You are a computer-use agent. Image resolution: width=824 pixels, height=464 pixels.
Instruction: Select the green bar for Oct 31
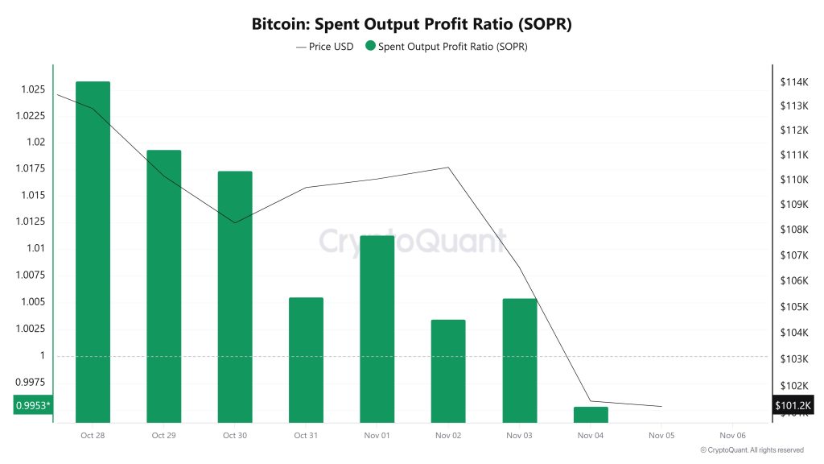click(x=306, y=359)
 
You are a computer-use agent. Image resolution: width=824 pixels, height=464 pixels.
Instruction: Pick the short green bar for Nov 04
click(x=591, y=414)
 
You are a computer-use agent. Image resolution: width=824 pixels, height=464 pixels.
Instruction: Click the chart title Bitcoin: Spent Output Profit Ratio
click(x=411, y=24)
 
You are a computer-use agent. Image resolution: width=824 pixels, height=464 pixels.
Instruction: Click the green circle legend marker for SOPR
click(x=370, y=47)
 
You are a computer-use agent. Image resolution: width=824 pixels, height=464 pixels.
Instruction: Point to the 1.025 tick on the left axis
click(x=31, y=89)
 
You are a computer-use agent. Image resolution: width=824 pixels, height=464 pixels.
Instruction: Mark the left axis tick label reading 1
click(x=42, y=355)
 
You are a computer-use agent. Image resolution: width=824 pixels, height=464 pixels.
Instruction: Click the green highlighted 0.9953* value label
click(x=32, y=405)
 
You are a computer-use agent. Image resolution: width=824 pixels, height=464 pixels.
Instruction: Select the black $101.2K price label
click(x=793, y=405)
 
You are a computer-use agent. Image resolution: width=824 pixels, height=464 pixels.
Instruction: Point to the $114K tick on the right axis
click(x=793, y=82)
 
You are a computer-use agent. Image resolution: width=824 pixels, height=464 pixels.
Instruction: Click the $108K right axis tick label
click(x=793, y=230)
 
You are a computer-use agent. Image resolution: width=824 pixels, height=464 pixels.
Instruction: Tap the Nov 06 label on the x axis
click(x=732, y=435)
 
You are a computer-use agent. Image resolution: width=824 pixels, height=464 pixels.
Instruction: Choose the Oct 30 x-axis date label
click(x=235, y=435)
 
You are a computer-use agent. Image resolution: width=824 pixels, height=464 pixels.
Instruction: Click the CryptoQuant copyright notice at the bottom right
click(x=752, y=450)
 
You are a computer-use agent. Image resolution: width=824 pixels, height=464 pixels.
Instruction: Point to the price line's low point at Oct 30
click(x=235, y=222)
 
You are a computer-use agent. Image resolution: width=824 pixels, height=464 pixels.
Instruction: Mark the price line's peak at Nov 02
click(x=448, y=168)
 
